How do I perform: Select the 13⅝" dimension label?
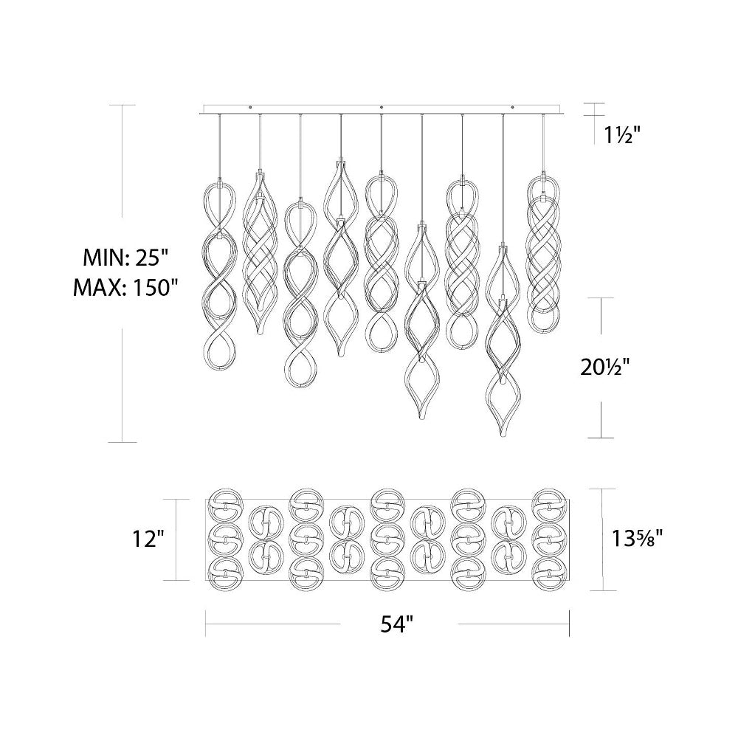638,538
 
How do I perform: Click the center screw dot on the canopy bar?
382,108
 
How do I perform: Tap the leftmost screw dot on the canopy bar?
250,108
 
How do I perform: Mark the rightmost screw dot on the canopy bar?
513,108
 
